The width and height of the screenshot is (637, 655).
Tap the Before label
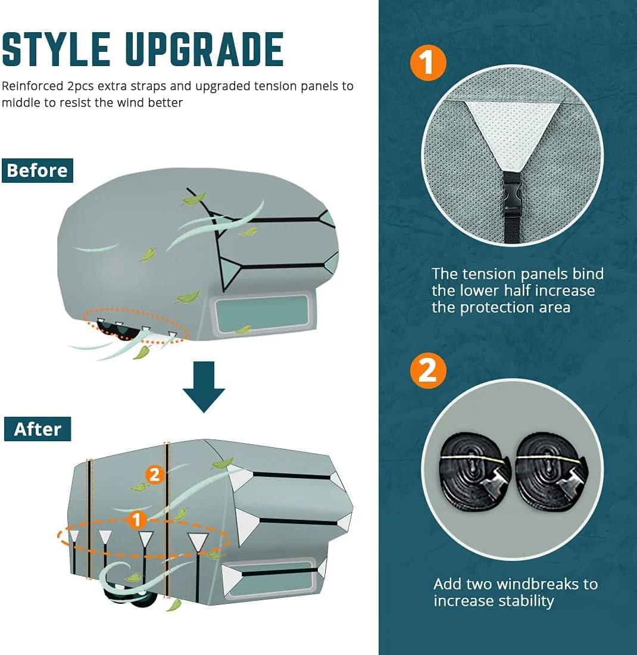tap(37, 170)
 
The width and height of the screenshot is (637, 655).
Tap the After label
tap(38, 429)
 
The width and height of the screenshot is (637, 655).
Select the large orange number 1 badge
tap(428, 63)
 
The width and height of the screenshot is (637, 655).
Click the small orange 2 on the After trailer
tap(155, 475)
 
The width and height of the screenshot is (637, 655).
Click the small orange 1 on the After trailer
tap(137, 520)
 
